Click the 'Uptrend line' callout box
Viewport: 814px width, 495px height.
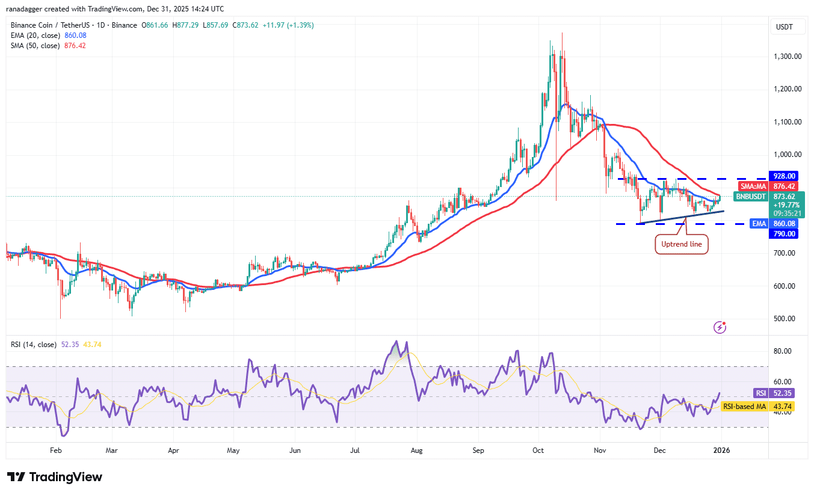[x=680, y=245]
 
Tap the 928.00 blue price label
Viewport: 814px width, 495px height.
[x=784, y=176]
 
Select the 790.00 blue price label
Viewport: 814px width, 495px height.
[x=784, y=233]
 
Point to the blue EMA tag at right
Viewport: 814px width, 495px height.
[x=759, y=224]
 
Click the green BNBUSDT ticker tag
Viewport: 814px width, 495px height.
[x=751, y=196]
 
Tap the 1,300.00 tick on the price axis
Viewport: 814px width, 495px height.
[x=788, y=57]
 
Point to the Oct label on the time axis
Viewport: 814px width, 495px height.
[x=538, y=449]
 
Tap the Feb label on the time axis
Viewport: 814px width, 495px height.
[x=55, y=449]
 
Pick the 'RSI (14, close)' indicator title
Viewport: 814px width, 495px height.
[x=34, y=345]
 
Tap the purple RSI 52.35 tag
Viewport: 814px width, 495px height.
[x=761, y=393]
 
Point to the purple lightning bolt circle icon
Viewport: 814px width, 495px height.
[x=720, y=327]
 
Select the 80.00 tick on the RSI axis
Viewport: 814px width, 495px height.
[x=784, y=351]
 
